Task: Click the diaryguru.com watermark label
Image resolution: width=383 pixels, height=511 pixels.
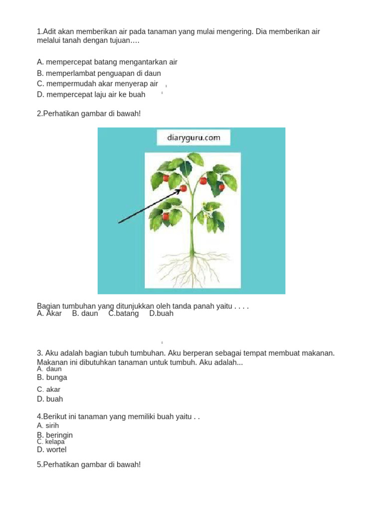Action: [x=193, y=138]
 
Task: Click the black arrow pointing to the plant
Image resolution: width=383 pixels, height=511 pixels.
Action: [x=150, y=205]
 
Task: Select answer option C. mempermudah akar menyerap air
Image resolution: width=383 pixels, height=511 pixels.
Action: [x=97, y=84]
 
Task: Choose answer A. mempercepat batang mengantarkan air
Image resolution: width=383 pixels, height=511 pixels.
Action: [x=107, y=62]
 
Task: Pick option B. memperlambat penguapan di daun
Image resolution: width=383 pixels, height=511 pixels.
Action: [x=99, y=73]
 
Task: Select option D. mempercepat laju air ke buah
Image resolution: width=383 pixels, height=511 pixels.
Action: [x=91, y=94]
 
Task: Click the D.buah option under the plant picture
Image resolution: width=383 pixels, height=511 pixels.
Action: [x=161, y=314]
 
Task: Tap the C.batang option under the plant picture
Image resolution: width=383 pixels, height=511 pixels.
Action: [x=124, y=314]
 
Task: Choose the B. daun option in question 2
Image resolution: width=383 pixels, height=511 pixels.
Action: [x=85, y=314]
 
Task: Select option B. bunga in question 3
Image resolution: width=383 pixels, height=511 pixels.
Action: [x=52, y=378]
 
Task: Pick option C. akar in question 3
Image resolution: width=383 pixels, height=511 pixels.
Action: [x=48, y=389]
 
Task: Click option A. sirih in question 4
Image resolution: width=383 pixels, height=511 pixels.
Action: [x=48, y=426]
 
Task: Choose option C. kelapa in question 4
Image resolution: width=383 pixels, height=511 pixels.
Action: [x=51, y=442]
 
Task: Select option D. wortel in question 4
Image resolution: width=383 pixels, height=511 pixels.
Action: [x=51, y=450]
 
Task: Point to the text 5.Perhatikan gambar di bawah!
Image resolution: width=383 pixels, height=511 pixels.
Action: [x=89, y=465]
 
